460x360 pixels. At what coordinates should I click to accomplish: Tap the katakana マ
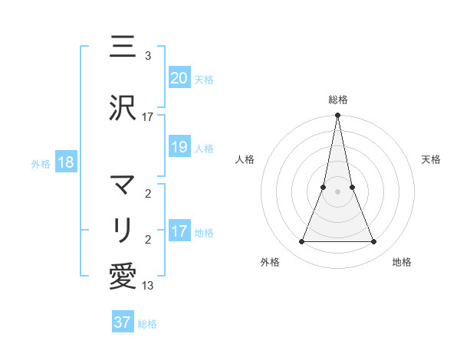(123, 185)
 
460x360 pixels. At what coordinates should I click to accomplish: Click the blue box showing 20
(179, 77)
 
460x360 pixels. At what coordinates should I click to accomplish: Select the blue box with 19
(179, 146)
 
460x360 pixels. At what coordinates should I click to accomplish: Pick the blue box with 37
(123, 322)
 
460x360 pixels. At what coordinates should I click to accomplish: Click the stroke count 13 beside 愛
(148, 286)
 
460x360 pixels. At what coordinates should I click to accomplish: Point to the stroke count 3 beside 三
(148, 56)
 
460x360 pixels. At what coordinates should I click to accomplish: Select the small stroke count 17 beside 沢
(148, 117)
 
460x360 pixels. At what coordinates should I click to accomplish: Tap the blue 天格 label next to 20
(204, 79)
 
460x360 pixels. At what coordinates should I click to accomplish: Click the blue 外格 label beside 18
(41, 164)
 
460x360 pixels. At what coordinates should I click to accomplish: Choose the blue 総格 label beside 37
(147, 324)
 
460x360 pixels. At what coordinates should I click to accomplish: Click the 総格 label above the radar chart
(338, 100)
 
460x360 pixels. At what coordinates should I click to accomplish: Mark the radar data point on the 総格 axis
(337, 116)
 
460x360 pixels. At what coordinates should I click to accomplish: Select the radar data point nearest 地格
(374, 242)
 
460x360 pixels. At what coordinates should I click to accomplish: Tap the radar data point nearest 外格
(301, 242)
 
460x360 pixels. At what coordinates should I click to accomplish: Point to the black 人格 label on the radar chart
(245, 159)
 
